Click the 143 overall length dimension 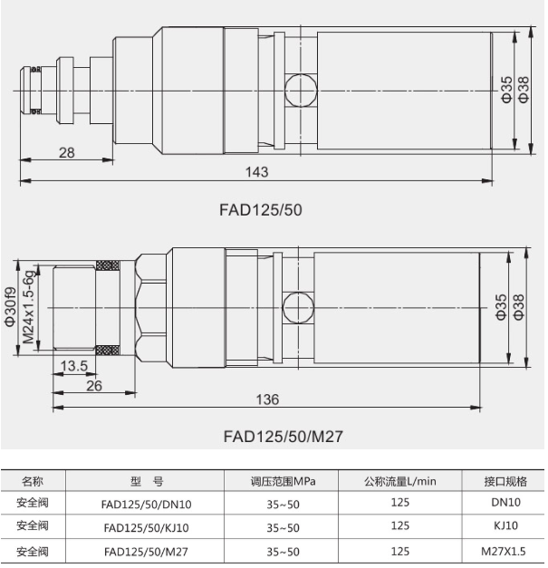[257, 172]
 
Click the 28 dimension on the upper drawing [67, 152]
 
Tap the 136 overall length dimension [268, 400]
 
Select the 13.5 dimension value [74, 365]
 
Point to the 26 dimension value [94, 386]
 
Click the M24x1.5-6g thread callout [29, 307]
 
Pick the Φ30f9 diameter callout [11, 307]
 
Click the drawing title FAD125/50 [261, 210]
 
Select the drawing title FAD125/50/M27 [284, 436]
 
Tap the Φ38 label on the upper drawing [524, 90]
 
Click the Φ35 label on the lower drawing [501, 307]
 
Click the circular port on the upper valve [301, 91]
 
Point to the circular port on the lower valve [298, 307]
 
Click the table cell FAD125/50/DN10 [147, 505]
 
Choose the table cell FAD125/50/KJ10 [147, 528]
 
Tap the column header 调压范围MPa [283, 481]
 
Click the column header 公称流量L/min [400, 481]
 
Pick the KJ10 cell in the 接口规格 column [506, 525]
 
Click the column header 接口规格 [505, 481]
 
